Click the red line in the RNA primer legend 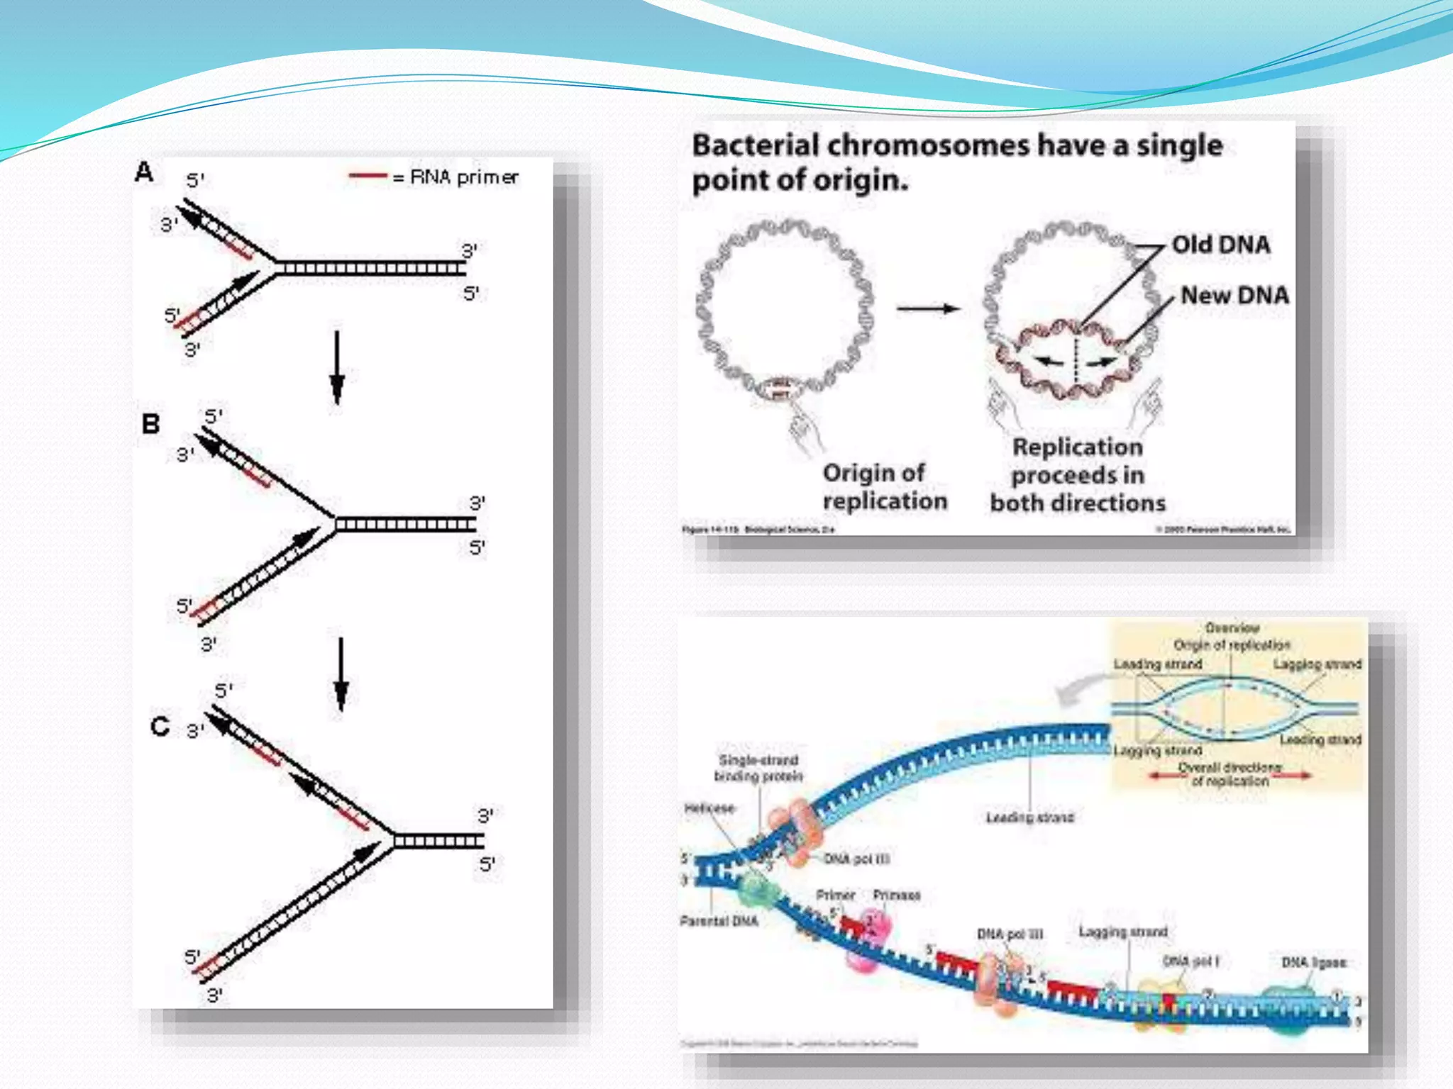pyautogui.click(x=368, y=175)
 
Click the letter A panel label pyautogui.click(x=144, y=172)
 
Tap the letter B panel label pyautogui.click(x=150, y=424)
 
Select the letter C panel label pyautogui.click(x=160, y=726)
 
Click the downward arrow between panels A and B pyautogui.click(x=337, y=367)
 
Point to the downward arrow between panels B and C pyautogui.click(x=341, y=674)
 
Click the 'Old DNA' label pyautogui.click(x=1220, y=245)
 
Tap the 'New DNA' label pyautogui.click(x=1234, y=295)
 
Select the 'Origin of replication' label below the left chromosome pyautogui.click(x=884, y=486)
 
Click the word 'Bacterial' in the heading pyautogui.click(x=756, y=145)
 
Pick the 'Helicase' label pyautogui.click(x=709, y=808)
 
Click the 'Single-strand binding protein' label pyautogui.click(x=758, y=769)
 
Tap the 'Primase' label pyautogui.click(x=897, y=895)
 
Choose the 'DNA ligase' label pyautogui.click(x=1314, y=962)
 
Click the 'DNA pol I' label pyautogui.click(x=1191, y=961)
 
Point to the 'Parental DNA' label pyautogui.click(x=719, y=921)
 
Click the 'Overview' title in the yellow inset pyautogui.click(x=1232, y=627)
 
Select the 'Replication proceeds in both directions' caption pyautogui.click(x=1078, y=475)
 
